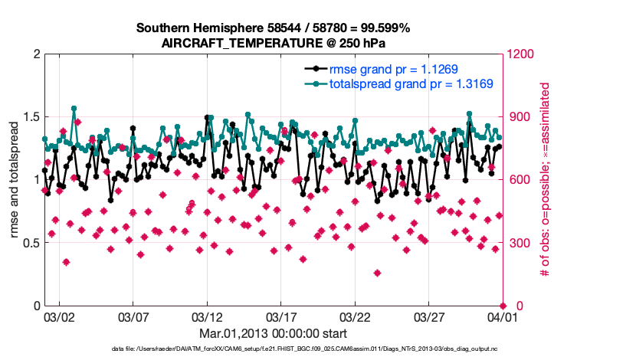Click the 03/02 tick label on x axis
pos(59,316)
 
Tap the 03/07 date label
pos(133,316)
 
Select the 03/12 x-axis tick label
pos(206,316)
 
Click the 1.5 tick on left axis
pos(31,117)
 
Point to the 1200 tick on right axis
pos(519,54)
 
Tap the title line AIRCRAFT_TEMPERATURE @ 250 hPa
pos(274,43)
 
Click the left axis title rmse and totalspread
pos(15,180)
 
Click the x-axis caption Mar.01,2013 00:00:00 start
pos(274,333)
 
